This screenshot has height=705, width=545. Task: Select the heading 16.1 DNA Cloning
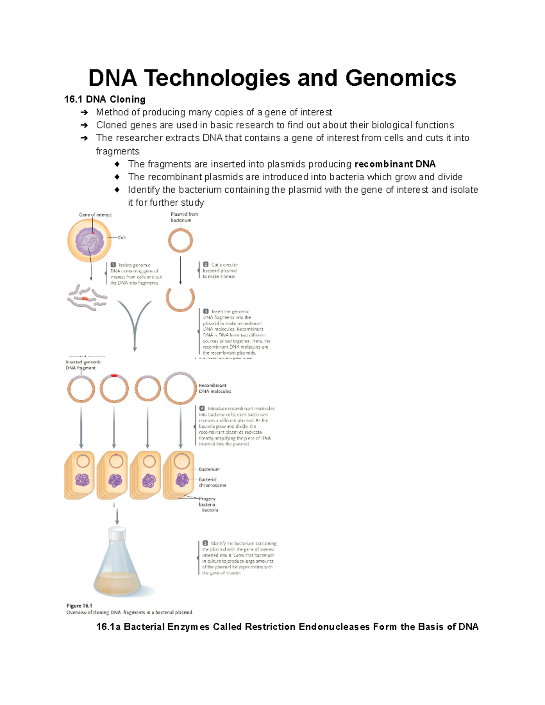pos(105,99)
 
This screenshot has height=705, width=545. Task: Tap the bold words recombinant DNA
pos(395,164)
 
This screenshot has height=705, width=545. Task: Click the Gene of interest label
pos(95,215)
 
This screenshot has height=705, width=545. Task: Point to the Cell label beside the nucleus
pos(122,237)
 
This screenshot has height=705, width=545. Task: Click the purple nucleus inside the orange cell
pos(89,241)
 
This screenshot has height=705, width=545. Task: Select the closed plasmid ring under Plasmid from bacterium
pos(180,240)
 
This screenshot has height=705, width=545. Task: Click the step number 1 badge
pos(113,265)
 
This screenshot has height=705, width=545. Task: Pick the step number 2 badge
pos(206,264)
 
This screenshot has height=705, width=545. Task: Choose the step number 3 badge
pos(206,311)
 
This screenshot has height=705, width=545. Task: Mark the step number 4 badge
pos(202,409)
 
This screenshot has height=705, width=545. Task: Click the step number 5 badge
pos(205,543)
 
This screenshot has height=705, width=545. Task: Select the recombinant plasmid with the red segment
pos(114,389)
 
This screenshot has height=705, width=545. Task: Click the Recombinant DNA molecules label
pos(214,388)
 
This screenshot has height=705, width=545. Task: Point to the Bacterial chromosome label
pos(212,482)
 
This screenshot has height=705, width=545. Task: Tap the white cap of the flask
pos(117,534)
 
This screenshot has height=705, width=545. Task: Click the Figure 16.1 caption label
pos(79,606)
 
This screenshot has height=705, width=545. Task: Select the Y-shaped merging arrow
pos(134,322)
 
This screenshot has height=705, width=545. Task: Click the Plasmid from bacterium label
pos(184,217)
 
